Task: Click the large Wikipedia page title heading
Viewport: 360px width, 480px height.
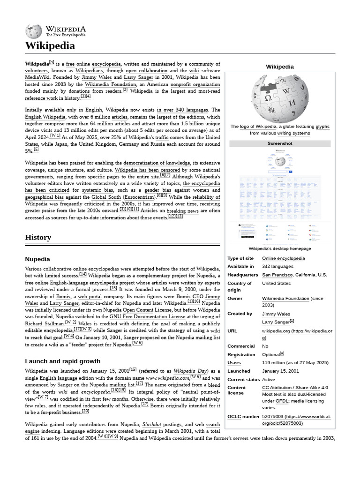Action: (x=50, y=45)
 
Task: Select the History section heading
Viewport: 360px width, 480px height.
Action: (x=38, y=237)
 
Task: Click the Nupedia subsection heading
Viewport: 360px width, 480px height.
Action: (x=37, y=259)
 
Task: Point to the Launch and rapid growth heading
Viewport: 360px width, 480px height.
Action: (x=62, y=361)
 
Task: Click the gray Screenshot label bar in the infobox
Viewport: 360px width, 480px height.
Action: (x=280, y=143)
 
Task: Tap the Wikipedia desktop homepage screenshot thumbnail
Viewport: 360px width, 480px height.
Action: (x=280, y=195)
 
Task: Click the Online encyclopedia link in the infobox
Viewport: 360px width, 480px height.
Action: (x=283, y=258)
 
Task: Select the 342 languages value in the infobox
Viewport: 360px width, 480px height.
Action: (x=277, y=266)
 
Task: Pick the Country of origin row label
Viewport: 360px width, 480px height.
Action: (x=239, y=286)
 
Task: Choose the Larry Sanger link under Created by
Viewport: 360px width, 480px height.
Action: (x=276, y=322)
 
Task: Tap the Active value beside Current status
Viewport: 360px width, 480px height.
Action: (x=269, y=379)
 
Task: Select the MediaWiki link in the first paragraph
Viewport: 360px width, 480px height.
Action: (x=38, y=77)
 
